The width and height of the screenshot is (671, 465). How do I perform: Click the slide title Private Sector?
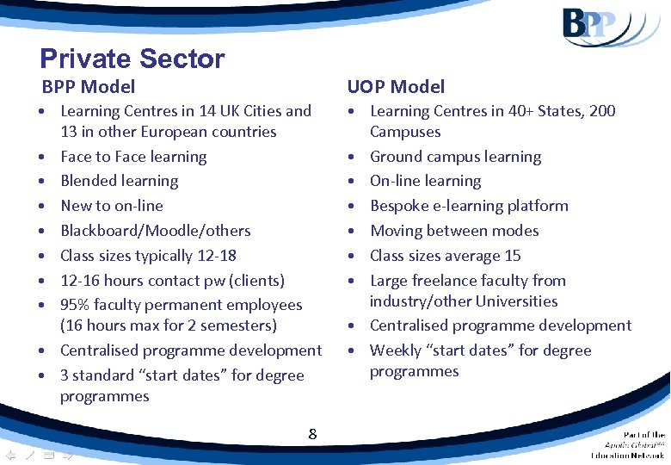(132, 59)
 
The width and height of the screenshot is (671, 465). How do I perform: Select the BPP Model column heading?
(89, 86)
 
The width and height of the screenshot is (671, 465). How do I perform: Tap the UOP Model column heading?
(396, 86)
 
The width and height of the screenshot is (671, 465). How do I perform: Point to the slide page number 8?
(312, 434)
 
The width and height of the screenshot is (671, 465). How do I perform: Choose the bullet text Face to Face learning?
(133, 157)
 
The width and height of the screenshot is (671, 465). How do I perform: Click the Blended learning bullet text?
(120, 181)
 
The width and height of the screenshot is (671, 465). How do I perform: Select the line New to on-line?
(112, 206)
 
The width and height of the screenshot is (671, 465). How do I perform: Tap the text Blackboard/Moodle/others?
(156, 231)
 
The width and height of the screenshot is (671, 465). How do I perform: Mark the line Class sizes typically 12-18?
(148, 256)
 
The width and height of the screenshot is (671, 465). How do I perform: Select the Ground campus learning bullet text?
(455, 157)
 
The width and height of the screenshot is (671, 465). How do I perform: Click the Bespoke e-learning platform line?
(469, 206)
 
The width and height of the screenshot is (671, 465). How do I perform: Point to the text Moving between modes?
(454, 231)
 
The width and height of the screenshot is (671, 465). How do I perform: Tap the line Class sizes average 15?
(445, 256)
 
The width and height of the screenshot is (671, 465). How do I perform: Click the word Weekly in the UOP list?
(395, 350)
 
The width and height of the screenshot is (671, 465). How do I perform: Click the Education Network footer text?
(627, 455)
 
